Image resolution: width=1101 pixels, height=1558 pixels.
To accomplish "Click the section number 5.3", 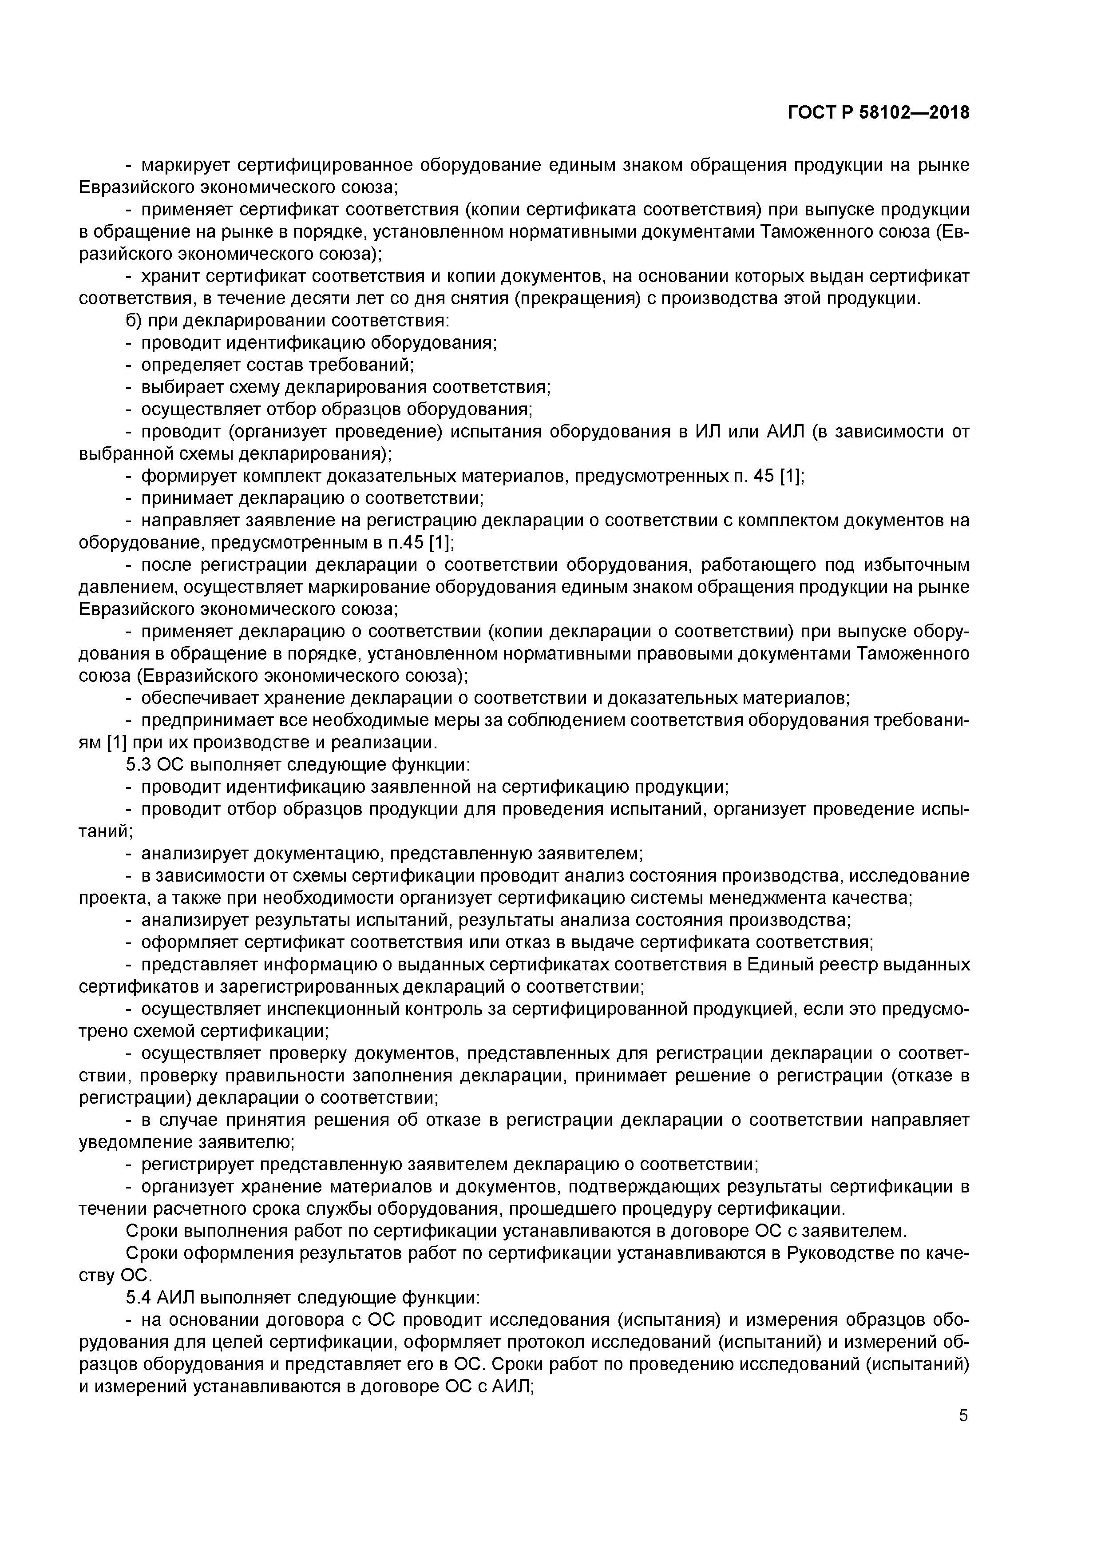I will click(139, 765).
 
